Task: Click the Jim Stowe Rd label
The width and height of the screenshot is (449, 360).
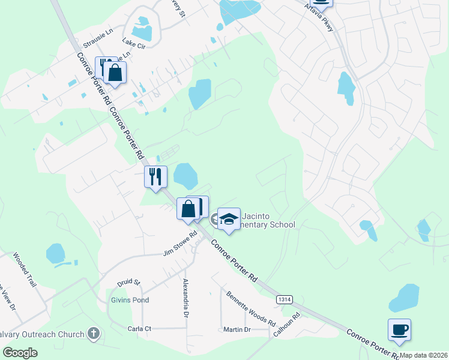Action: click(x=180, y=245)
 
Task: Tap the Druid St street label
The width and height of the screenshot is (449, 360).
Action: click(x=128, y=281)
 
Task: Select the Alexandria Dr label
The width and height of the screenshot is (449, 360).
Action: click(x=186, y=298)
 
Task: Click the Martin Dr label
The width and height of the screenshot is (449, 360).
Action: click(x=237, y=329)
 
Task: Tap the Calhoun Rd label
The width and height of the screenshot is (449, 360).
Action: click(x=286, y=324)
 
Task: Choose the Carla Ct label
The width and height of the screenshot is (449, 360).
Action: click(x=139, y=328)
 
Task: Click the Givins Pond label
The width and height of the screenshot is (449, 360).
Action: click(x=129, y=300)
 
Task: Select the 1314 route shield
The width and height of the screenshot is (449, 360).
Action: click(x=285, y=298)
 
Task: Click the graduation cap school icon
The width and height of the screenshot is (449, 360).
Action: click(x=229, y=219)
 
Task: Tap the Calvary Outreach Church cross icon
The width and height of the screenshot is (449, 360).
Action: click(x=93, y=333)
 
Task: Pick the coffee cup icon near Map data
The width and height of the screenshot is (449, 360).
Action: click(x=399, y=329)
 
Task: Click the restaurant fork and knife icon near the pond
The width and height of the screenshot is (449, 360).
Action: click(x=155, y=176)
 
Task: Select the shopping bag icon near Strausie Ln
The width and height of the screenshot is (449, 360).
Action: click(x=115, y=73)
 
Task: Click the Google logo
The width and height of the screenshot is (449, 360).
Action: click(x=20, y=353)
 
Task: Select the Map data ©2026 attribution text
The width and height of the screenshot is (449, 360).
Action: click(x=423, y=355)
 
